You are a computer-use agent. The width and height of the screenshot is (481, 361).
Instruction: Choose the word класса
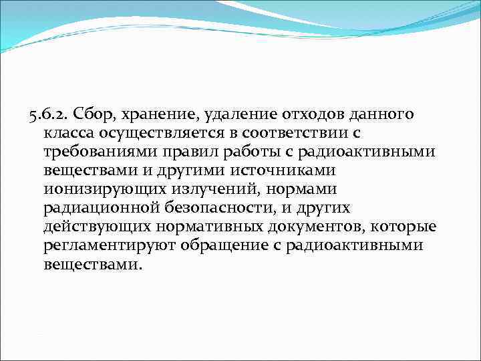[x=69, y=134]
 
